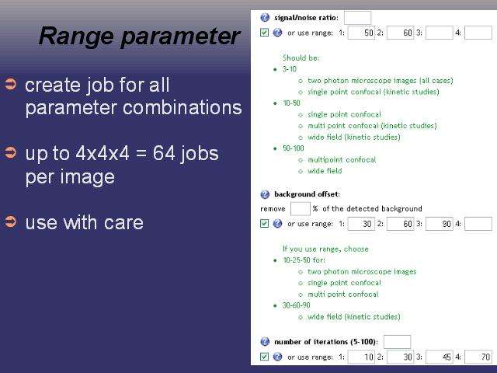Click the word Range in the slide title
76,37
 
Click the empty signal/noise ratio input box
357,18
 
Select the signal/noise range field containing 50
361,33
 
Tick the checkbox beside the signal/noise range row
264,33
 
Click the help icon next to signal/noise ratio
265,17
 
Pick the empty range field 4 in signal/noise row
478,33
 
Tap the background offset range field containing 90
440,224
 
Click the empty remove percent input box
301,209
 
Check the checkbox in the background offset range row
264,223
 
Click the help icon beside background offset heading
265,194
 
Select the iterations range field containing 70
478,357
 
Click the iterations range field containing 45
440,357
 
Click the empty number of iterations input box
397,342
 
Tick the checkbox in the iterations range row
264,357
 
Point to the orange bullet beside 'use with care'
11,221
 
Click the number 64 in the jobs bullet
164,154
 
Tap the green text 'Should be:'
301,58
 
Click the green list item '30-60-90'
297,305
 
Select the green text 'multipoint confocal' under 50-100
342,160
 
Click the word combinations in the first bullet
182,108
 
